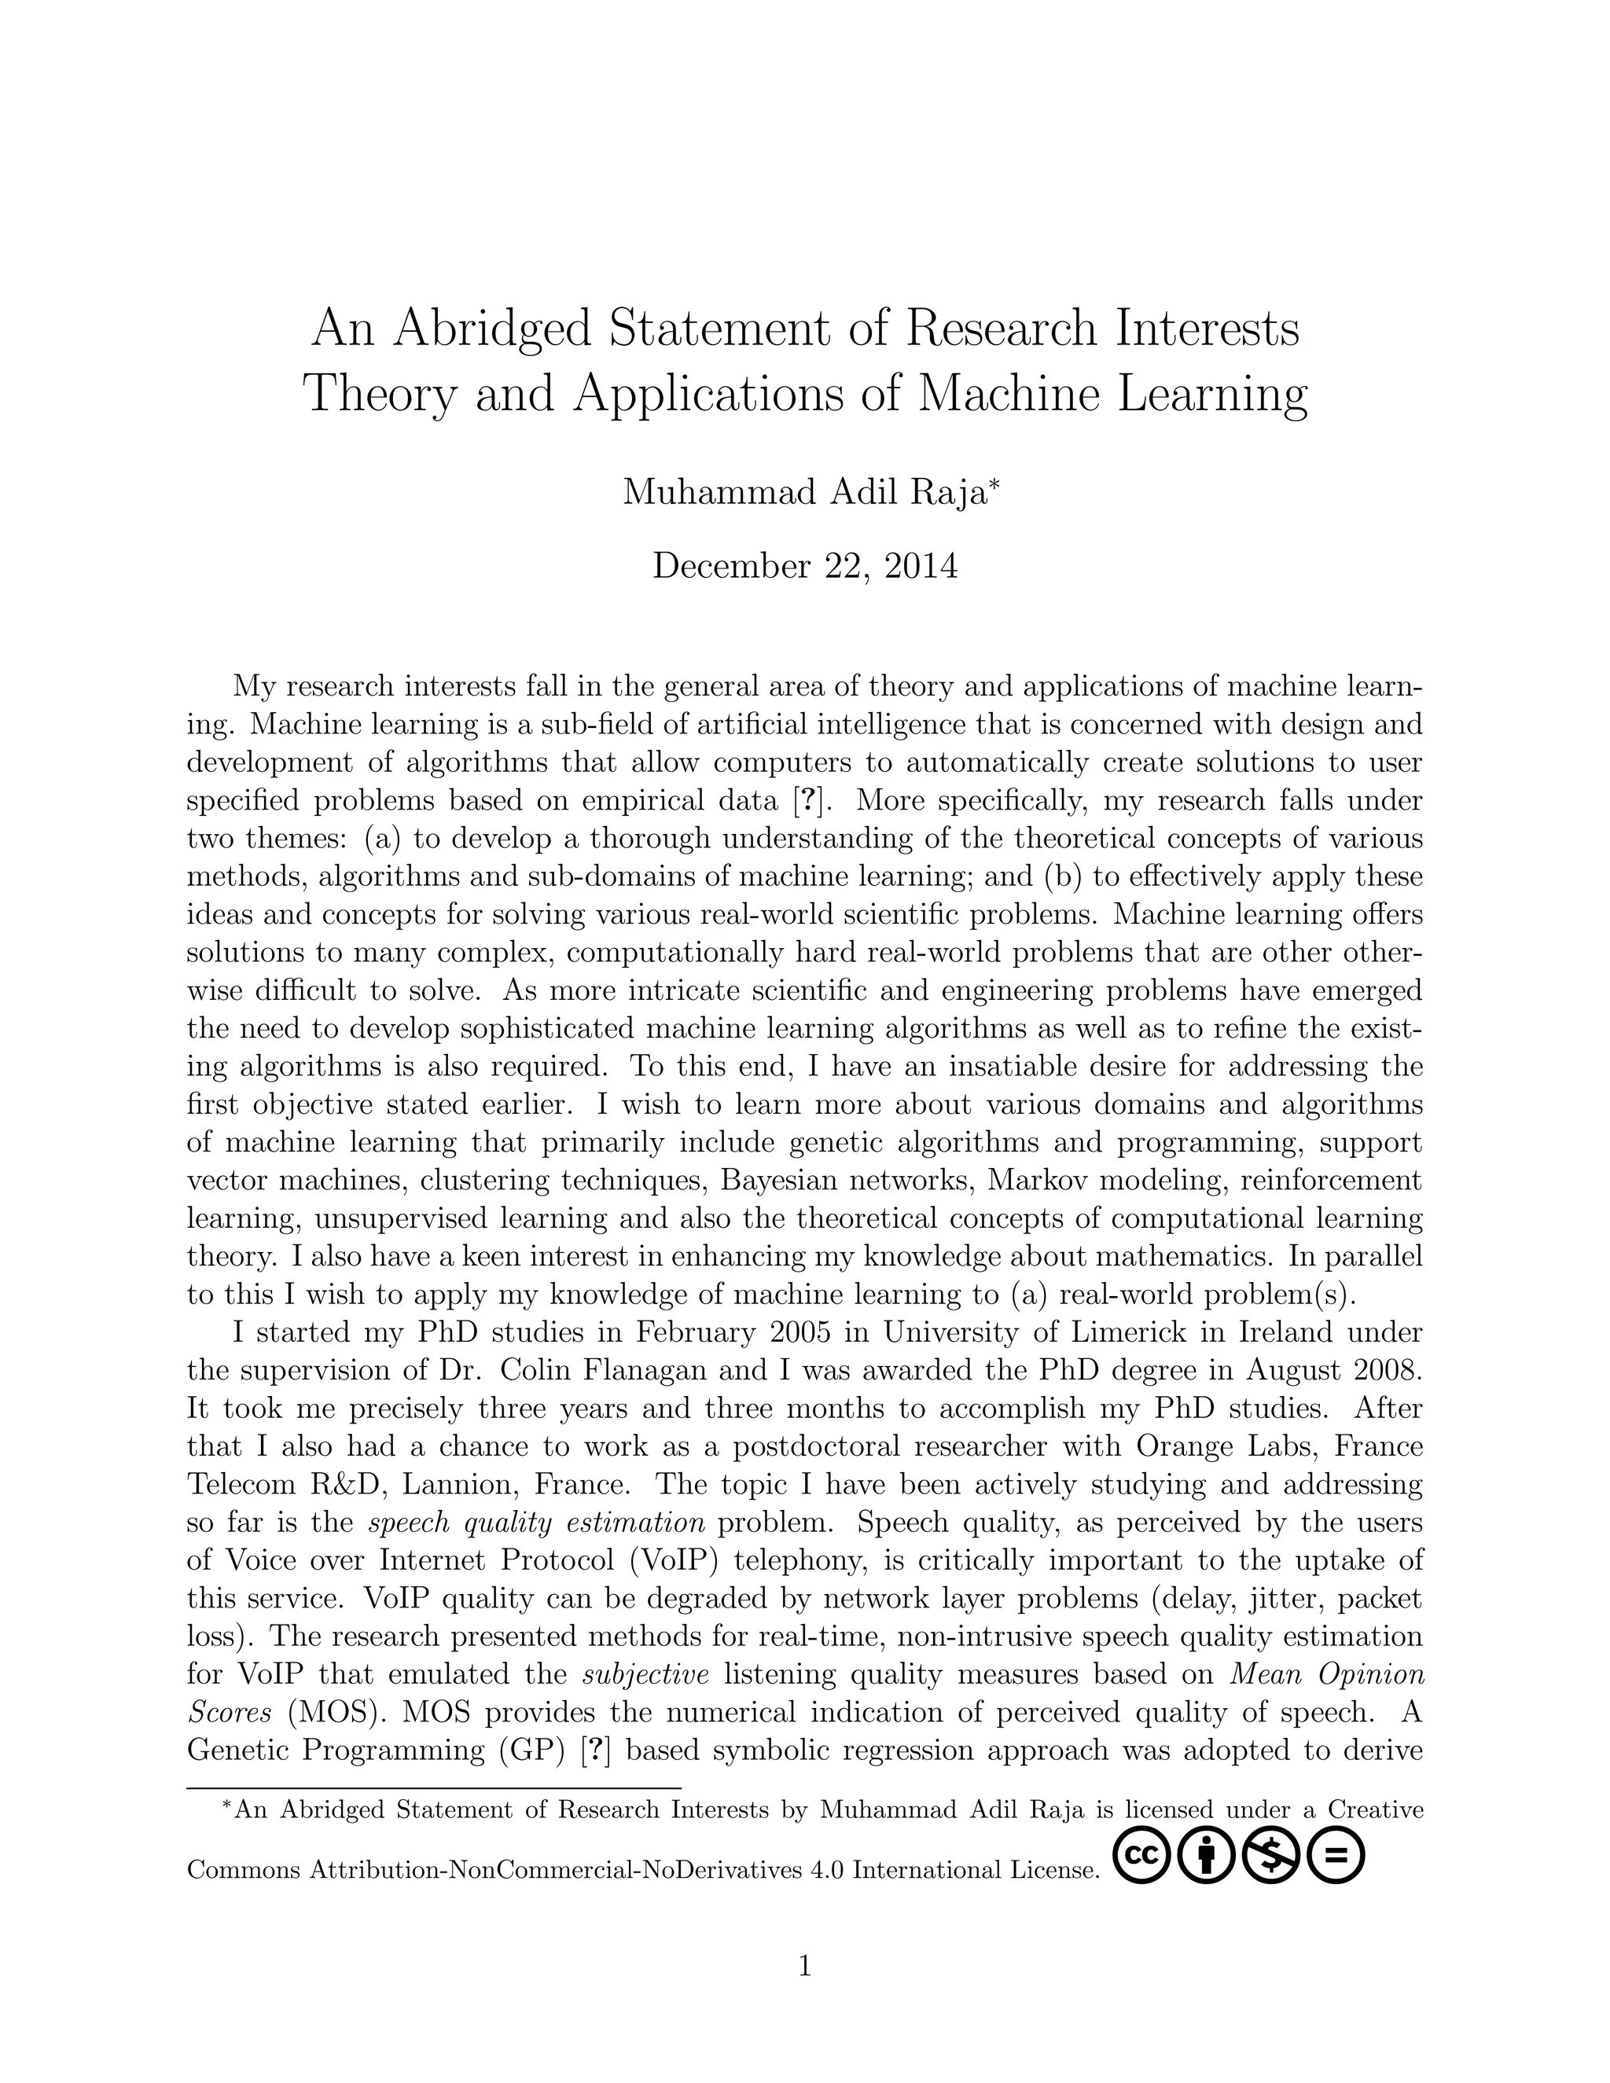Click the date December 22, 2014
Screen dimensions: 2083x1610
[804, 567]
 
